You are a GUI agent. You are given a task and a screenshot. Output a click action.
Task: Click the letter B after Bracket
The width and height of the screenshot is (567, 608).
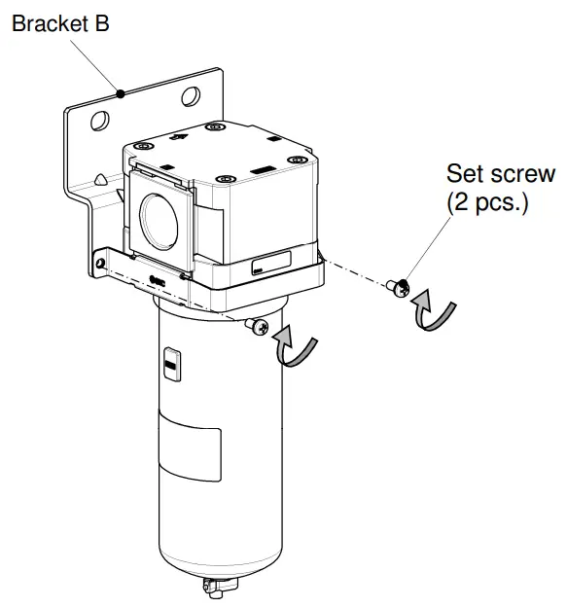[102, 24]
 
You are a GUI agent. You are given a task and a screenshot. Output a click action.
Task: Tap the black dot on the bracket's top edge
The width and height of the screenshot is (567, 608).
[120, 93]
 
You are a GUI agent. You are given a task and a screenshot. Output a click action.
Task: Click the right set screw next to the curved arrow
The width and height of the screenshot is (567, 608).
[398, 285]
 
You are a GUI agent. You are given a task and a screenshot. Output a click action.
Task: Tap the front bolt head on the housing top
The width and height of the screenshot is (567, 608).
[227, 179]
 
